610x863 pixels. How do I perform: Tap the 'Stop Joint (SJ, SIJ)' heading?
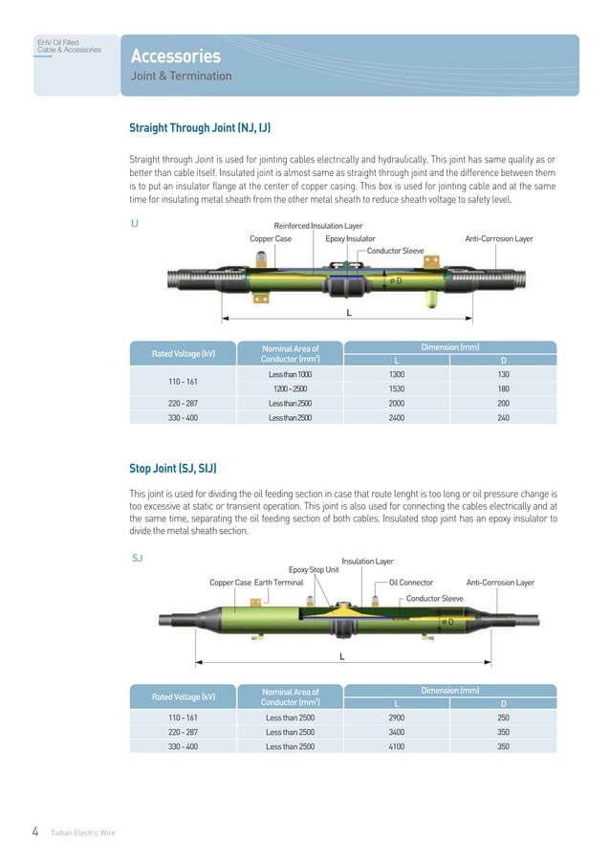click(173, 468)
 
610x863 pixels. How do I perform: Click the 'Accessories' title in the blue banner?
click(175, 56)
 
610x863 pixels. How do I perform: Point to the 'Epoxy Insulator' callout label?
click(350, 238)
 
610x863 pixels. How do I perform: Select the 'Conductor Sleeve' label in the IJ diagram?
click(396, 251)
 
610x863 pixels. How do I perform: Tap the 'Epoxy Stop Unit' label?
click(314, 570)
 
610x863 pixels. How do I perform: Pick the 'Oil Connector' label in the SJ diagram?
click(411, 582)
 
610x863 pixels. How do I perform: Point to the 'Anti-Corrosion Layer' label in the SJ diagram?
click(499, 582)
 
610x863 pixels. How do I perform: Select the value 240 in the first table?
click(503, 418)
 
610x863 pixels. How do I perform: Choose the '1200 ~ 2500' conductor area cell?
click(289, 389)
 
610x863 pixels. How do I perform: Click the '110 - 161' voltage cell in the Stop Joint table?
click(183, 717)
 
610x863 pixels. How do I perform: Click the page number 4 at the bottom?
click(35, 831)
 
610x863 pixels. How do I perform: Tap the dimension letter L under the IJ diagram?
click(348, 313)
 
